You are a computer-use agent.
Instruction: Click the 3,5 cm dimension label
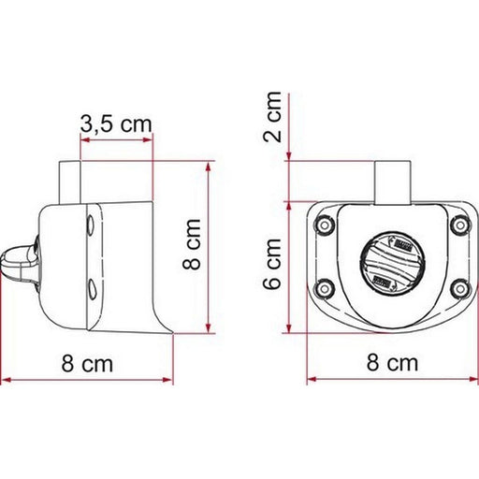pyautogui.click(x=116, y=123)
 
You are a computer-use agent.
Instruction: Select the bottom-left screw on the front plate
pyautogui.click(x=324, y=287)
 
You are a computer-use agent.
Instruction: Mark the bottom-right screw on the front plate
pyautogui.click(x=458, y=287)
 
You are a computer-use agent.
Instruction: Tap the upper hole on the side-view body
pyautogui.click(x=87, y=225)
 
